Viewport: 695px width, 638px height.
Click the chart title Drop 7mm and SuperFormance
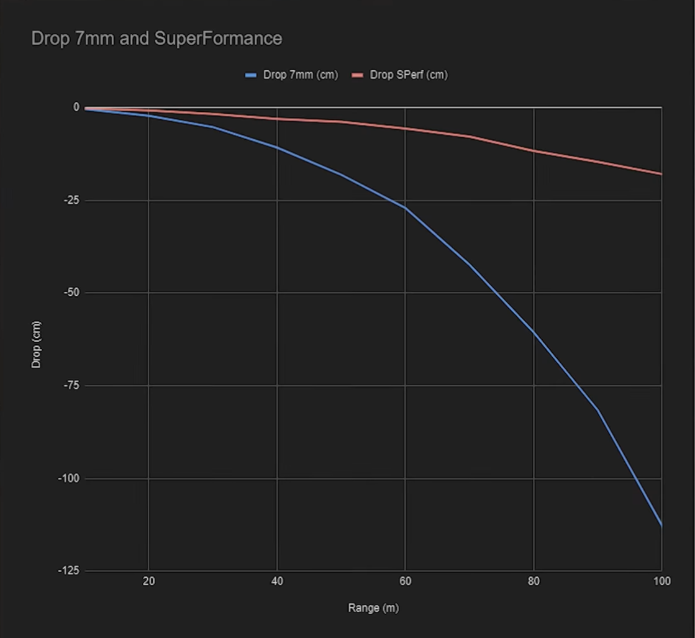(x=157, y=39)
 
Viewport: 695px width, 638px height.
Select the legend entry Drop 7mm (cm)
(x=300, y=75)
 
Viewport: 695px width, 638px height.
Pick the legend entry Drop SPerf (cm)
(x=408, y=75)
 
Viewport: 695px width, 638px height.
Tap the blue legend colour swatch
(x=252, y=75)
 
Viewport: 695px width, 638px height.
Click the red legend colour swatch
(x=357, y=75)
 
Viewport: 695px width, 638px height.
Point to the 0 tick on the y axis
(x=76, y=107)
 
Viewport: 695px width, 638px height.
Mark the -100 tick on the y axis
(x=69, y=478)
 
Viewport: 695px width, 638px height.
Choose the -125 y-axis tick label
(x=69, y=571)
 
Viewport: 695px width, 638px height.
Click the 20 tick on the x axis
(x=148, y=581)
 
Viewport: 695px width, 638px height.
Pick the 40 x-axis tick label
(x=277, y=581)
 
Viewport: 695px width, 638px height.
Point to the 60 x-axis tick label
(x=405, y=581)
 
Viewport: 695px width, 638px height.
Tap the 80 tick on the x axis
(x=534, y=581)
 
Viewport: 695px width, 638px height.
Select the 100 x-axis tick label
(x=661, y=581)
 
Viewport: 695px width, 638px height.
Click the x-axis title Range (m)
(x=373, y=608)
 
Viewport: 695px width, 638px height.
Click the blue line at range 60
(x=405, y=207)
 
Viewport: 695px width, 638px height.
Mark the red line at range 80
(x=534, y=151)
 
